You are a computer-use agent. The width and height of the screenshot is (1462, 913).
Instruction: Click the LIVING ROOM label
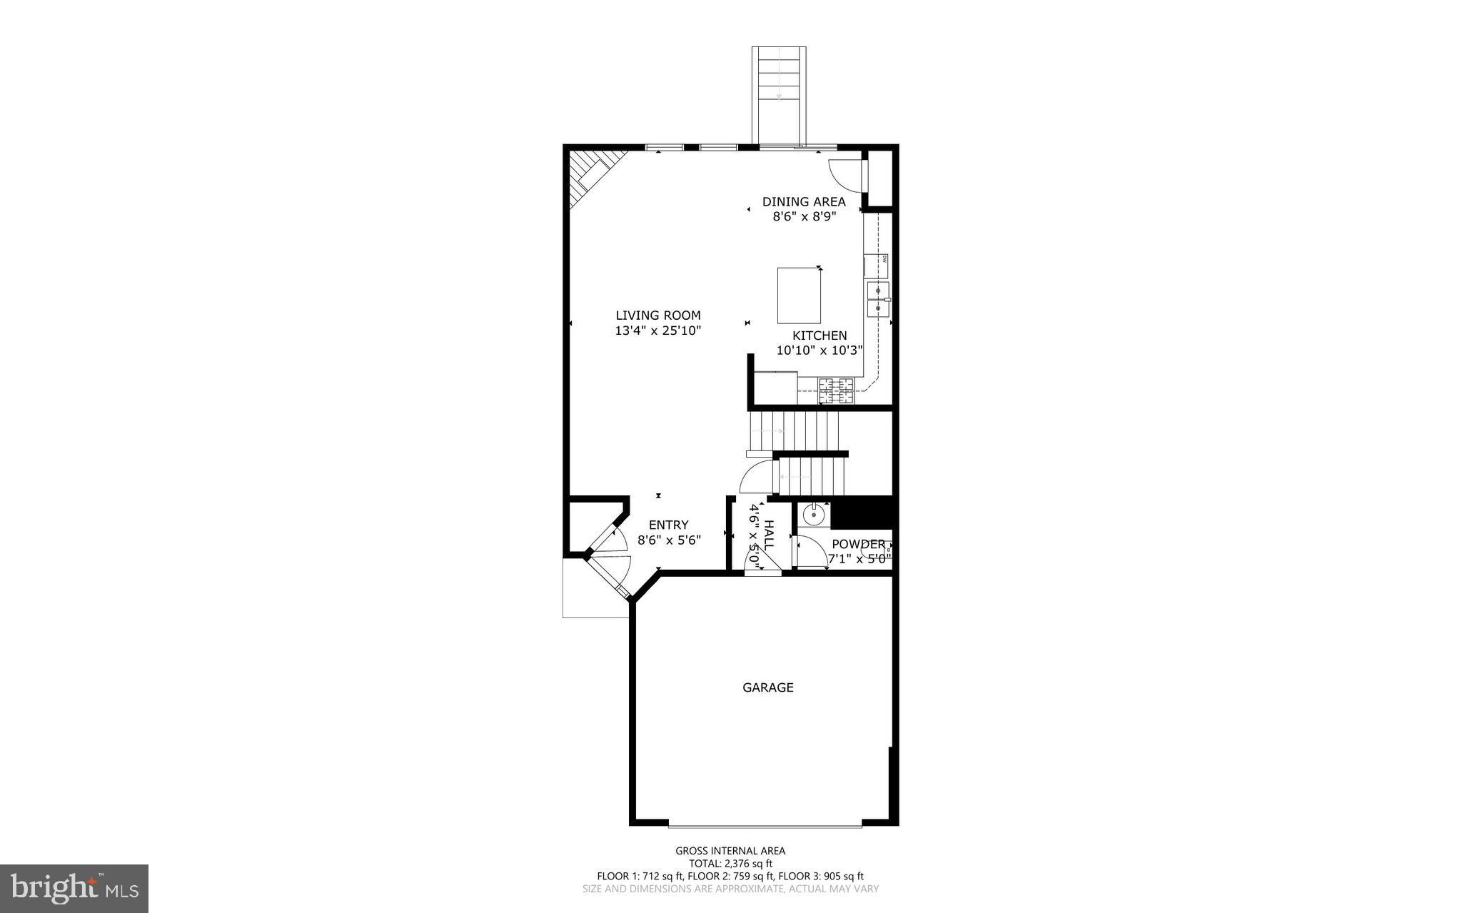click(x=657, y=315)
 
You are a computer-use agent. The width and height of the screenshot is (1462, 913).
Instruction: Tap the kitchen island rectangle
click(x=798, y=296)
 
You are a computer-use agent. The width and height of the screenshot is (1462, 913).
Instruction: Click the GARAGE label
click(x=767, y=687)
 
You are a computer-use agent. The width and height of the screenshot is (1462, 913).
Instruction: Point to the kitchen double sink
click(x=878, y=299)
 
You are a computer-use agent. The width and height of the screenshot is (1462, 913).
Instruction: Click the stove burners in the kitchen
click(x=835, y=390)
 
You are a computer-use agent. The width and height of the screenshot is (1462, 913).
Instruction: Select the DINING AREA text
click(x=803, y=201)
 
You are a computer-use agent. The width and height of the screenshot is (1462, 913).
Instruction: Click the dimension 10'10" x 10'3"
click(x=820, y=350)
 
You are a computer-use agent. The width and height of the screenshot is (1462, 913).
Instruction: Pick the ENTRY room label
click(x=668, y=525)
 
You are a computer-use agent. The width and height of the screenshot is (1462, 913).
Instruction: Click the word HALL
click(x=769, y=535)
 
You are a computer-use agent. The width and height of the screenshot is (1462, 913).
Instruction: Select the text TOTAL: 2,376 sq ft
click(x=730, y=864)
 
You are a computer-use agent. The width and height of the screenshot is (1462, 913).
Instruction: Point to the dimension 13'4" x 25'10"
click(x=657, y=331)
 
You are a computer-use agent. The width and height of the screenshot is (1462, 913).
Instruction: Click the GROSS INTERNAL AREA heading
click(x=730, y=850)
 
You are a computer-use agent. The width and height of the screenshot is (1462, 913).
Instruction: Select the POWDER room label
click(x=858, y=544)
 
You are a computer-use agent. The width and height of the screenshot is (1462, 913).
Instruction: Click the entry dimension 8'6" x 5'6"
click(x=669, y=540)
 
